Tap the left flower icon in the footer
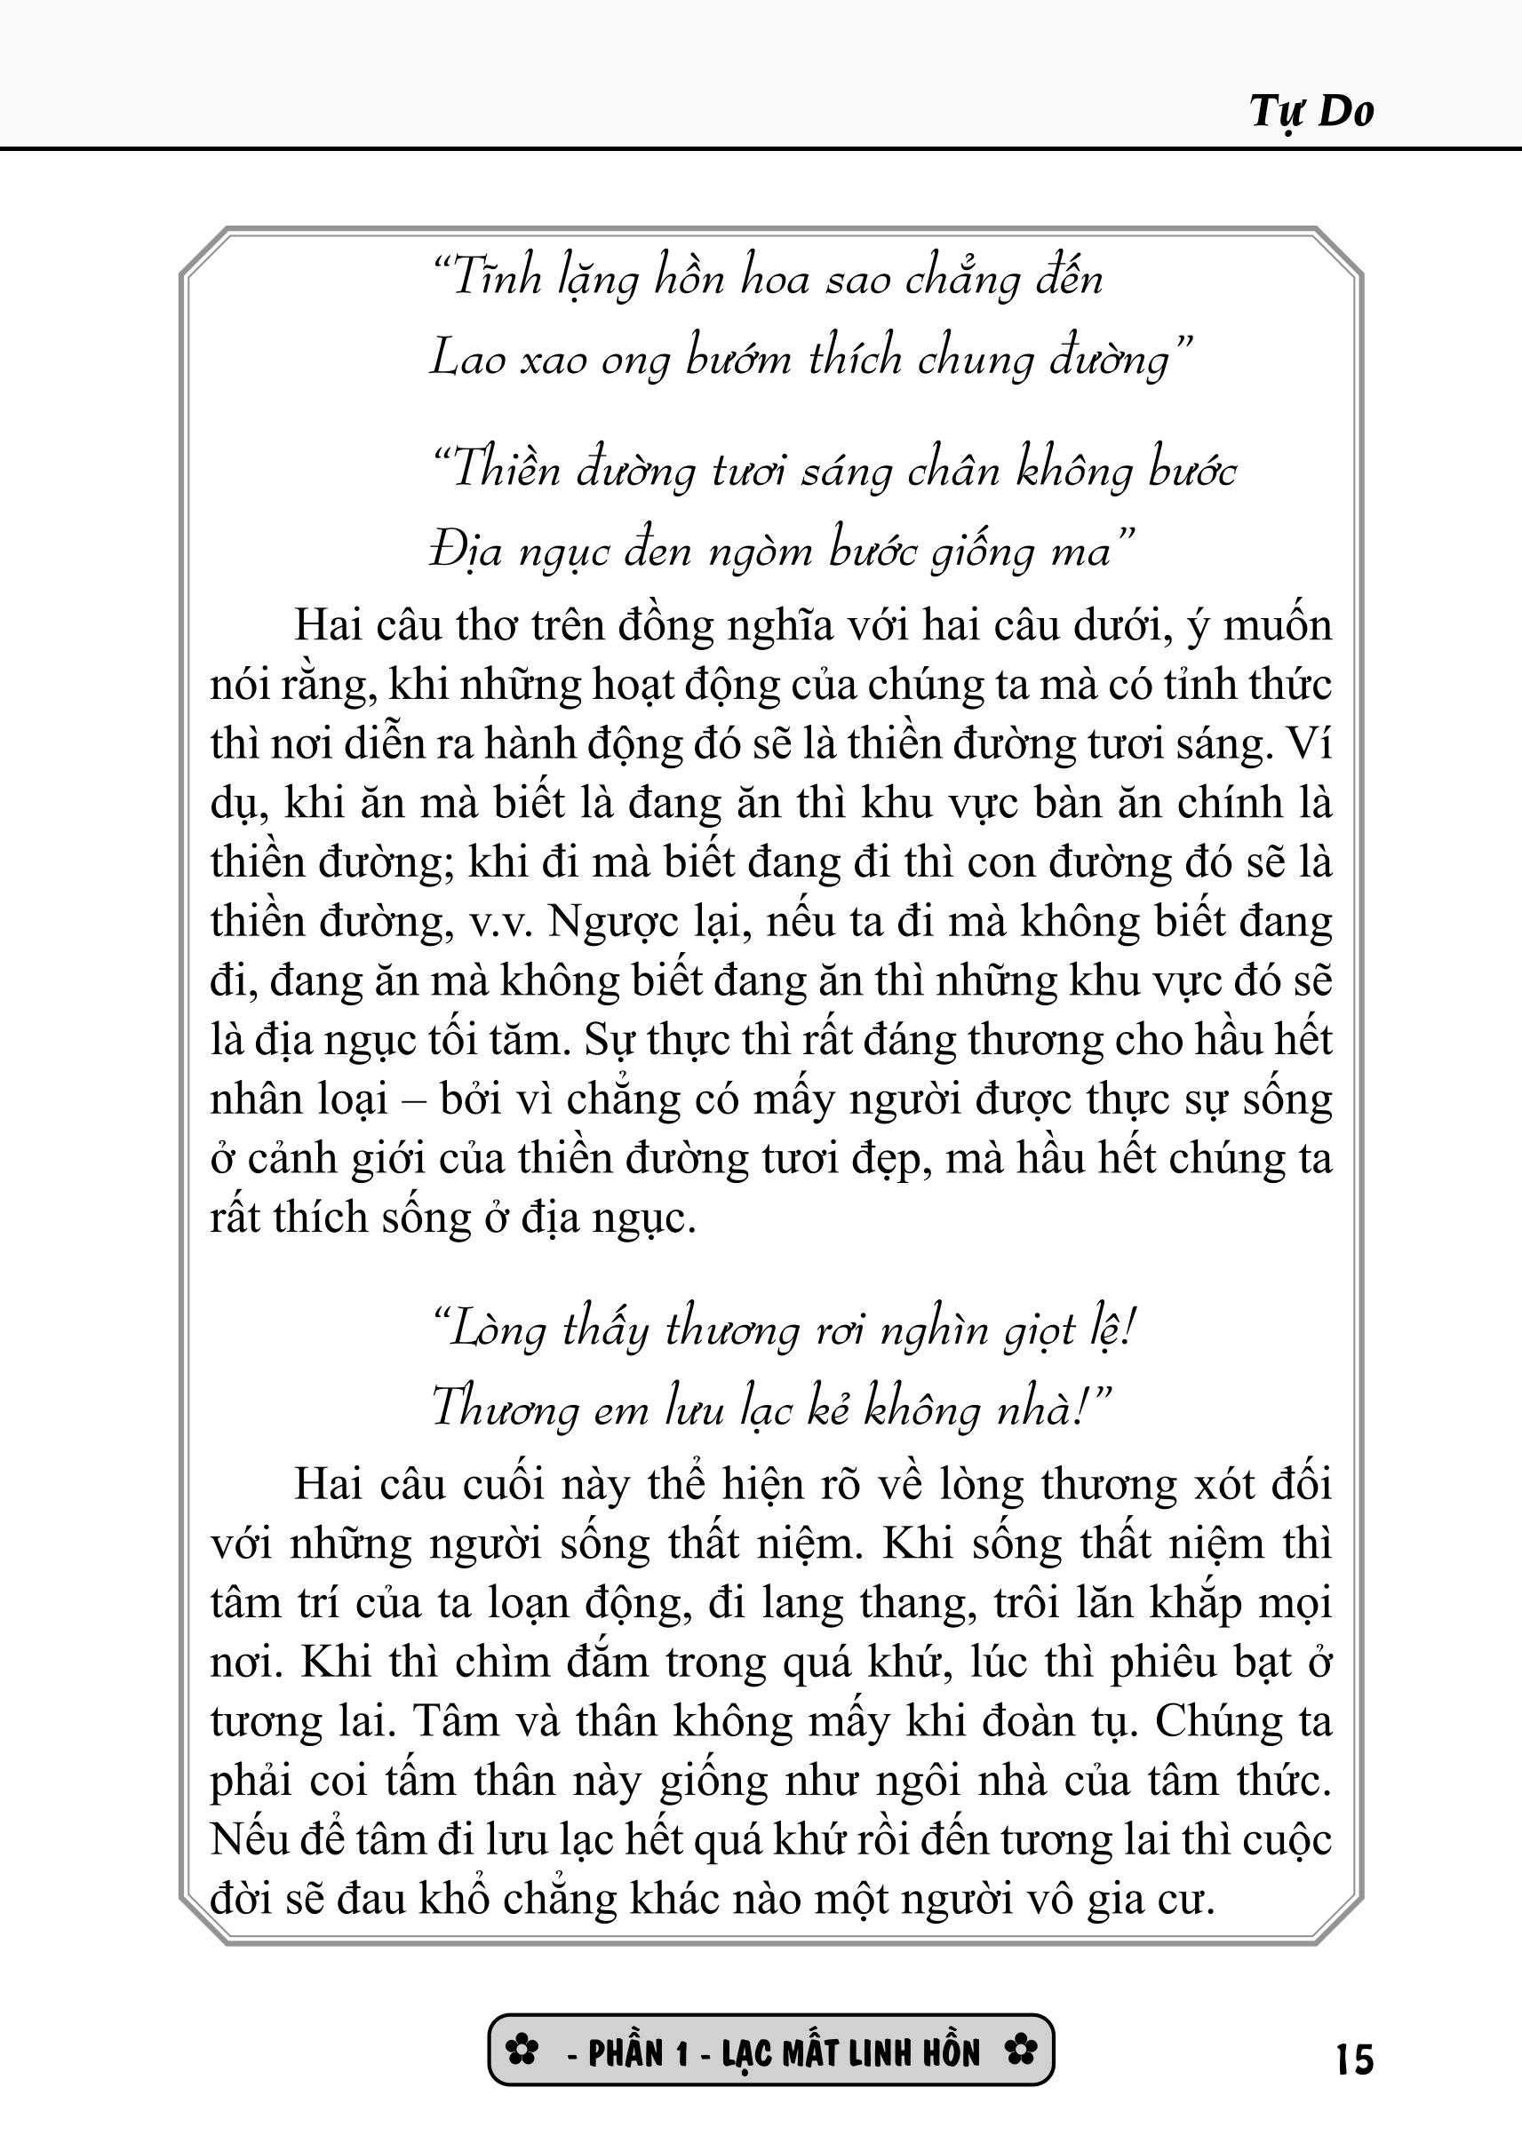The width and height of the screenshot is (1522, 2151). tap(522, 2052)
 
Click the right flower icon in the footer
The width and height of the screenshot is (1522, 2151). tap(1021, 2052)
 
